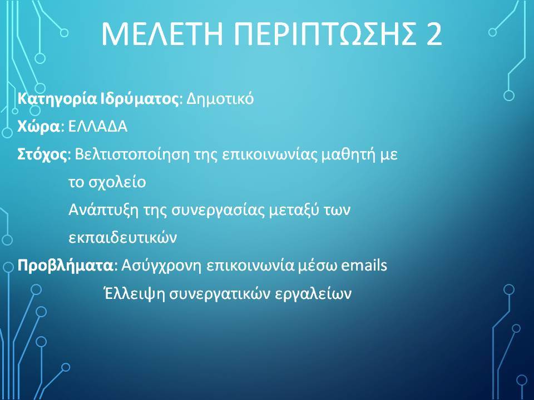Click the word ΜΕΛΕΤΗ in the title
162,34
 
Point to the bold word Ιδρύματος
140,99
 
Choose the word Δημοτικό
220,99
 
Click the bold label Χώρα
38,127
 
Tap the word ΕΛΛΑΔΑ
98,127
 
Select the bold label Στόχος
43,155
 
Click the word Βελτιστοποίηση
132,155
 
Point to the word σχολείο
117,183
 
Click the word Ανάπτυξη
103,210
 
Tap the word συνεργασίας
218,211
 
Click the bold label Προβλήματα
65,266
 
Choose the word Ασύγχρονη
161,266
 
